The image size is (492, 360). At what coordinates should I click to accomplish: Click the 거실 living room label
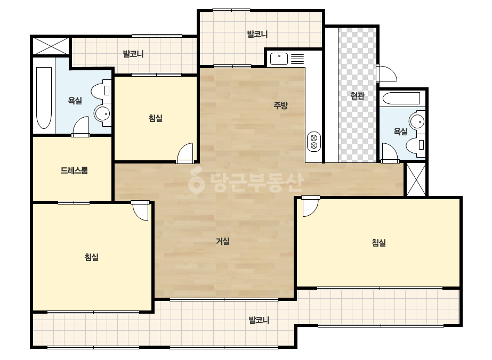(x=223, y=241)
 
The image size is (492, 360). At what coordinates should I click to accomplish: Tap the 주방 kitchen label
(x=280, y=105)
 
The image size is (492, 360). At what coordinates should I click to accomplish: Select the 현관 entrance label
(x=357, y=96)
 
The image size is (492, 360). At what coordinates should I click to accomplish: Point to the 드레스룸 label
(x=74, y=170)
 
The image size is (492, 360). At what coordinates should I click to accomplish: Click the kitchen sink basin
(x=279, y=59)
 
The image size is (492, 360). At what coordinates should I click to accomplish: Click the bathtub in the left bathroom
(x=44, y=98)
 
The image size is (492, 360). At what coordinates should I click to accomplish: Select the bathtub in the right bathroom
(x=401, y=99)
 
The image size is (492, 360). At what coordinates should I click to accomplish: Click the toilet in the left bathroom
(x=102, y=91)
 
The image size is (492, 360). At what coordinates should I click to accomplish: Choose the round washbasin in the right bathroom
(x=417, y=121)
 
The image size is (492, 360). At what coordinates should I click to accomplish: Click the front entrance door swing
(x=387, y=73)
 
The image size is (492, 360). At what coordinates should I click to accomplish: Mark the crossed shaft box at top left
(x=51, y=46)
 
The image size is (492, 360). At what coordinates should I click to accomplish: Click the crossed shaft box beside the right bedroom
(x=416, y=179)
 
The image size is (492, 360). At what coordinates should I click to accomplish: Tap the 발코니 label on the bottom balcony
(x=259, y=320)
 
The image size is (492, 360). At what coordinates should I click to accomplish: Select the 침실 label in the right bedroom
(x=378, y=242)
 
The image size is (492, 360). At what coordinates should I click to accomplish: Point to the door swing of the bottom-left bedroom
(x=140, y=210)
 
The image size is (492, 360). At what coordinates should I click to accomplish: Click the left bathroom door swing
(x=80, y=126)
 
